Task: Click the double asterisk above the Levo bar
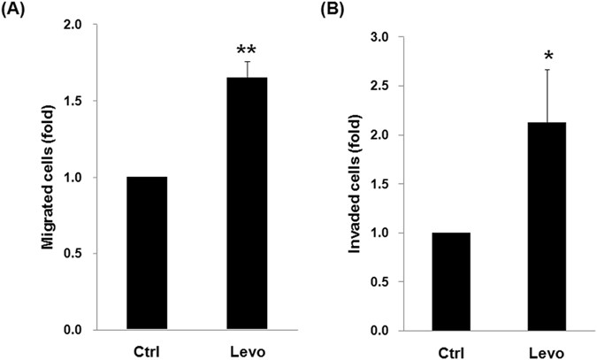tap(248, 46)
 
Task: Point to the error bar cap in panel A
tap(248, 62)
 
